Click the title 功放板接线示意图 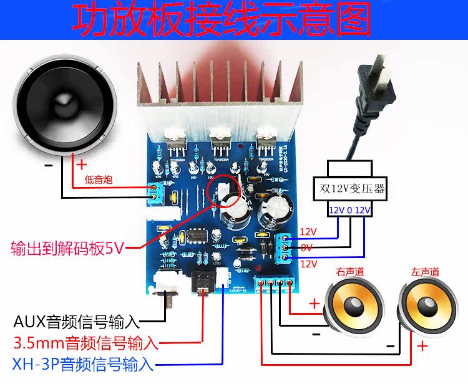click(x=221, y=20)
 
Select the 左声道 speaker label click(x=424, y=272)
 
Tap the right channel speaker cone click(x=351, y=306)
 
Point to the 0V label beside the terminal click(x=307, y=247)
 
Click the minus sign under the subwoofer click(x=49, y=165)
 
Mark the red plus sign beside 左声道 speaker click(x=422, y=346)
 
